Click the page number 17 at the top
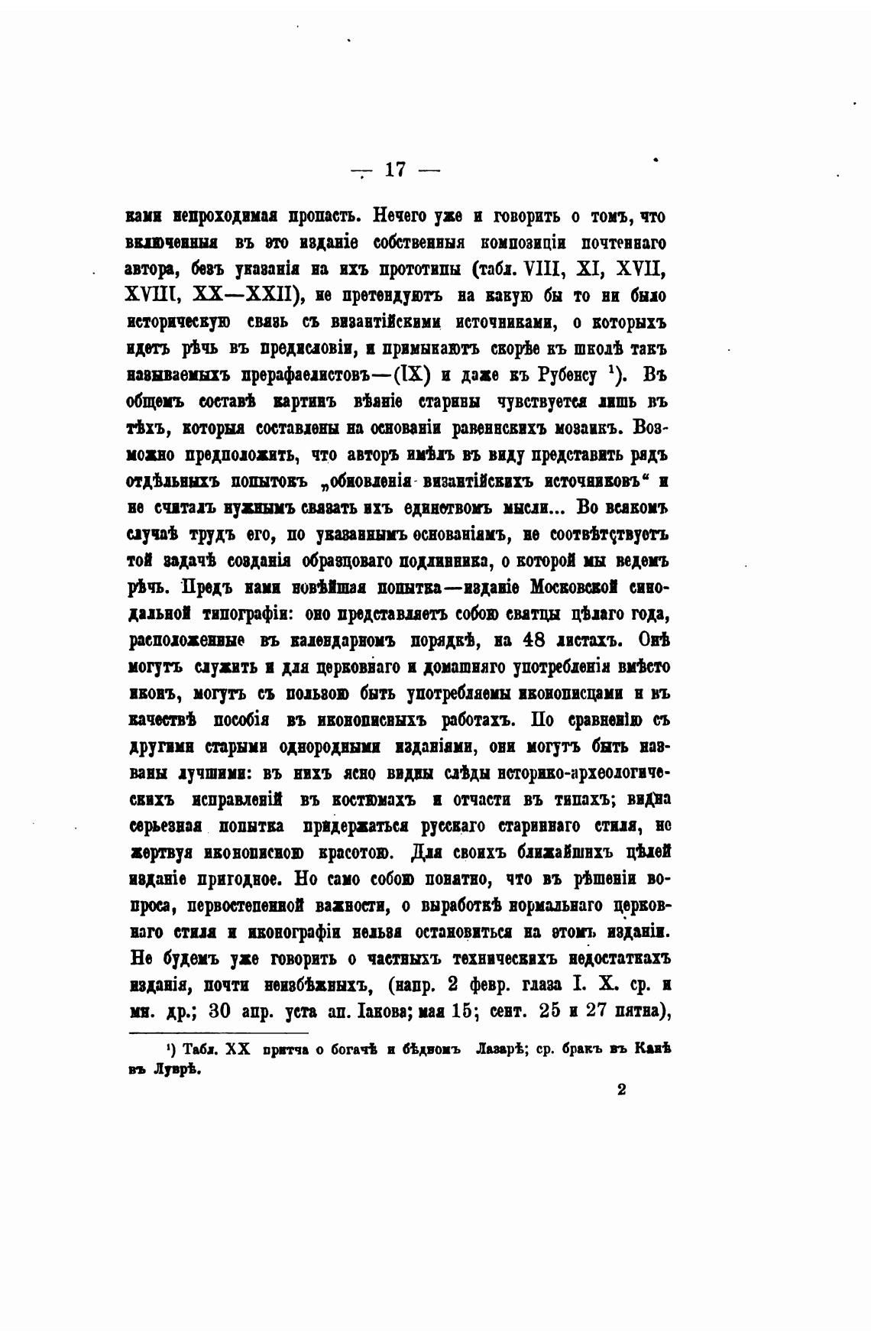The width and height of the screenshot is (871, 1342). (x=395, y=170)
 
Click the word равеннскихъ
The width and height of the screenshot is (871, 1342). (x=496, y=428)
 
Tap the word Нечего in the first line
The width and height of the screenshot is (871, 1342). (x=401, y=216)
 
